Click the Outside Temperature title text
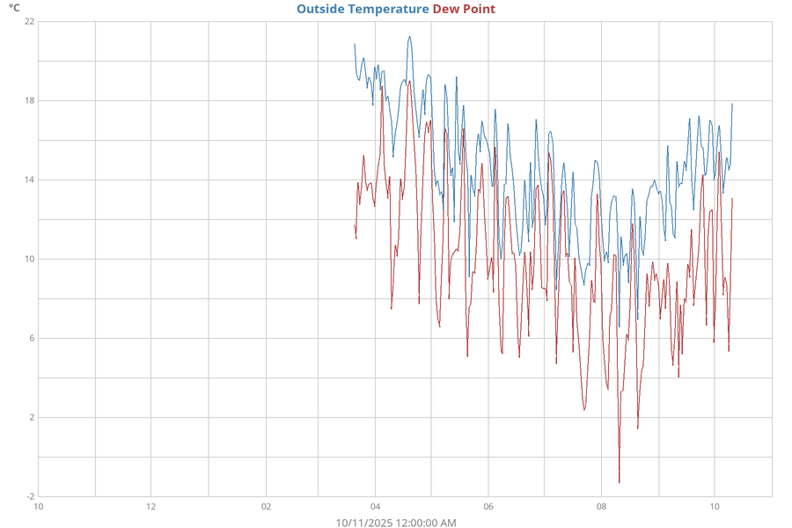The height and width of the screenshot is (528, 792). pos(363,9)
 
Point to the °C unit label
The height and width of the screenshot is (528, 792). pos(14,8)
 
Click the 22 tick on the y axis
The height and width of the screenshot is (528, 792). pos(29,21)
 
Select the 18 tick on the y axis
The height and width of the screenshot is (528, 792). pos(29,100)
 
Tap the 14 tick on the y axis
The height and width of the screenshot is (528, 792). pos(29,180)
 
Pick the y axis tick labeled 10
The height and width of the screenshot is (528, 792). pos(29,259)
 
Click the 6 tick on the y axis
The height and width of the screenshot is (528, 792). pos(32,338)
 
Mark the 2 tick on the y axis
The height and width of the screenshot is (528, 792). pos(32,417)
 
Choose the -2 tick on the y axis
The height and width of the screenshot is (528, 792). pos(30,496)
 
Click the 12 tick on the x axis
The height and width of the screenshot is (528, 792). pos(151,507)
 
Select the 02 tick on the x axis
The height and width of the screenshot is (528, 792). pos(267,507)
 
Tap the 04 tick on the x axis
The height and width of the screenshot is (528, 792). pos(376,507)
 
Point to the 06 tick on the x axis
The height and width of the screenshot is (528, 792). pos(488,507)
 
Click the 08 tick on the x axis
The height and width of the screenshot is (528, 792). pos(602,507)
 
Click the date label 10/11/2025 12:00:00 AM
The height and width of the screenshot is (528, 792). pos(396,523)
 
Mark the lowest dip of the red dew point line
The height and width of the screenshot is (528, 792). pos(619,482)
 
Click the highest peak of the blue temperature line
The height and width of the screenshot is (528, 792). pos(409,37)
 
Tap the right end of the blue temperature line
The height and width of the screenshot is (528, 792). pos(732,104)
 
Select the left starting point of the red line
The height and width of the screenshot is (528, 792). pos(355,225)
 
